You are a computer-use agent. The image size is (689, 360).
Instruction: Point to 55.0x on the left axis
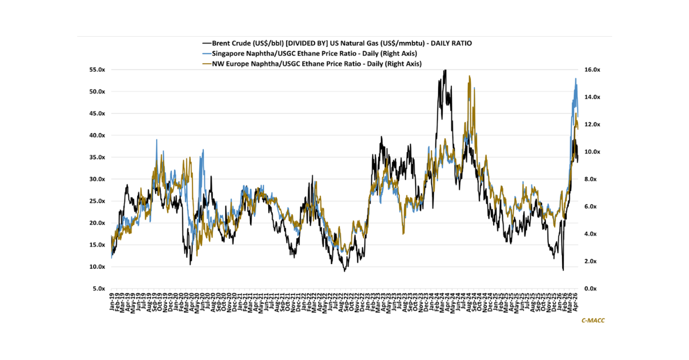click(96, 69)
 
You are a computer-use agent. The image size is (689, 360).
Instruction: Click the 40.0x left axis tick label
click(96, 136)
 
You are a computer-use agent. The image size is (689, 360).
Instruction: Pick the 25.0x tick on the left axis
click(96, 201)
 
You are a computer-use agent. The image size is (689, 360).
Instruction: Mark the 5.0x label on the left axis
click(98, 289)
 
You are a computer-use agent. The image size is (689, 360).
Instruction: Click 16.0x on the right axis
click(591, 69)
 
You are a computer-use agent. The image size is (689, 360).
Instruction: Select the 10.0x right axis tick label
click(591, 152)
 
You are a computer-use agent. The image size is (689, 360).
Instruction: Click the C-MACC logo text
click(593, 320)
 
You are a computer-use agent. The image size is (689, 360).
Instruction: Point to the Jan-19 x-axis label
click(112, 303)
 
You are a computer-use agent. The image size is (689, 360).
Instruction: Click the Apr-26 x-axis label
click(576, 303)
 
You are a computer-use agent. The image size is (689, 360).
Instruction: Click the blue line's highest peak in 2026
click(575, 79)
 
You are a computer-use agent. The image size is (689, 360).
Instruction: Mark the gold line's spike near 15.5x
click(470, 76)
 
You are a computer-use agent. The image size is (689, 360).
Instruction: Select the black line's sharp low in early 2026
click(563, 270)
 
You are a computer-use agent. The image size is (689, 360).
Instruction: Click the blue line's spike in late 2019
click(157, 140)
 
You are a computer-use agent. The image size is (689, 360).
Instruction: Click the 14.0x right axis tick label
click(591, 97)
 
